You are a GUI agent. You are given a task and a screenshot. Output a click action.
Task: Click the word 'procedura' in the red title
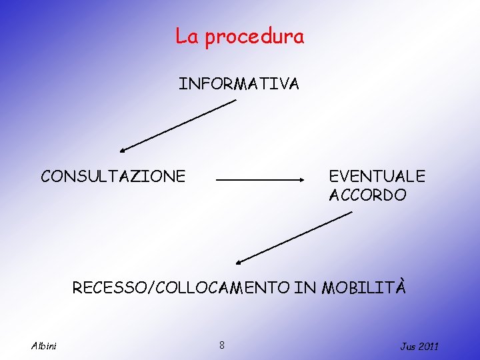click(254, 37)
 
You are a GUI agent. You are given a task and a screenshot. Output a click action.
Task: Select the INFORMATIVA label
click(239, 84)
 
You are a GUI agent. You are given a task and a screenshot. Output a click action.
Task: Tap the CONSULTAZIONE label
click(113, 176)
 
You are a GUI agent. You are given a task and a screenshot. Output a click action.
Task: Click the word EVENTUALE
click(377, 176)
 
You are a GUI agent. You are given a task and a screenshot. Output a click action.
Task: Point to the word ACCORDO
click(367, 195)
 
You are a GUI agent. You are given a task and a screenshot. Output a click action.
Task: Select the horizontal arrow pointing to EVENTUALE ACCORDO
click(260, 180)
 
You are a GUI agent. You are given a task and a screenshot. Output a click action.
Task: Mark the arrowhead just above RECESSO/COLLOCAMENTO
click(241, 261)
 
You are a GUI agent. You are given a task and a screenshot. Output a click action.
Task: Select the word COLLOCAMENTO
click(222, 288)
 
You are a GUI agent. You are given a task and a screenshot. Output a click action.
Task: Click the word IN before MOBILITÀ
click(306, 288)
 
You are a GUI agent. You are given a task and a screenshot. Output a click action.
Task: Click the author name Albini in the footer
click(44, 345)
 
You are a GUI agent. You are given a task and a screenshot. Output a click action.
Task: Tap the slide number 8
click(222, 345)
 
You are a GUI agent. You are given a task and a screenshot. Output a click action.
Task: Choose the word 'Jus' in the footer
click(407, 346)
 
